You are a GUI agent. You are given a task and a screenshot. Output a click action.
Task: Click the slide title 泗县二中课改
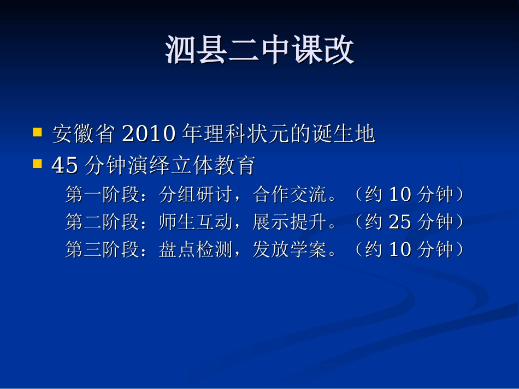(x=259, y=51)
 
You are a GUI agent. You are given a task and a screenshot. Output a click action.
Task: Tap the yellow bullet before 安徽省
(x=37, y=132)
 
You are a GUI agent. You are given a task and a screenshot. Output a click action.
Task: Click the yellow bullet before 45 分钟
(x=37, y=164)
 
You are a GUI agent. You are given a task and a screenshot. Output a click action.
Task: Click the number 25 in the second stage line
(x=399, y=222)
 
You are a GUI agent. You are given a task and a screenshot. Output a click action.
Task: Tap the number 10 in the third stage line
(x=399, y=250)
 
